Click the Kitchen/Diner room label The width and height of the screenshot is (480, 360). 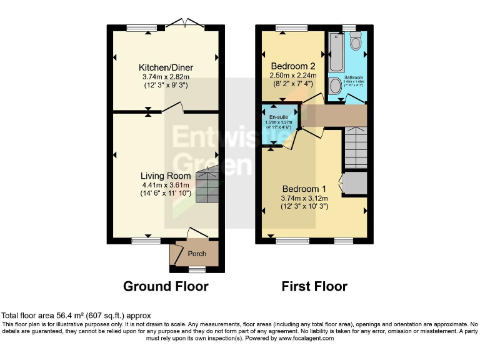click(x=166, y=67)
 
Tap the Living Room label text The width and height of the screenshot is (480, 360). click(x=166, y=176)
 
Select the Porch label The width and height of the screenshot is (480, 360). click(x=197, y=254)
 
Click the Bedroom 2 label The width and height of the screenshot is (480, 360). click(x=292, y=66)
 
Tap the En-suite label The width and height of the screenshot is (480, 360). click(x=278, y=116)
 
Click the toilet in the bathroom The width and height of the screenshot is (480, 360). click(x=356, y=41)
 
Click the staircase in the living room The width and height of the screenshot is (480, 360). click(x=207, y=184)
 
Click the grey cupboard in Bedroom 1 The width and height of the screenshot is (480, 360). click(x=354, y=182)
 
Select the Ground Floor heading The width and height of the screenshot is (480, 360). click(x=166, y=286)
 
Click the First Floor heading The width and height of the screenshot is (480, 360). click(x=314, y=286)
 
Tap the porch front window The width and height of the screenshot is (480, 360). click(x=197, y=270)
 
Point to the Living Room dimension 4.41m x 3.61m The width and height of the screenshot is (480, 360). click(x=166, y=185)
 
